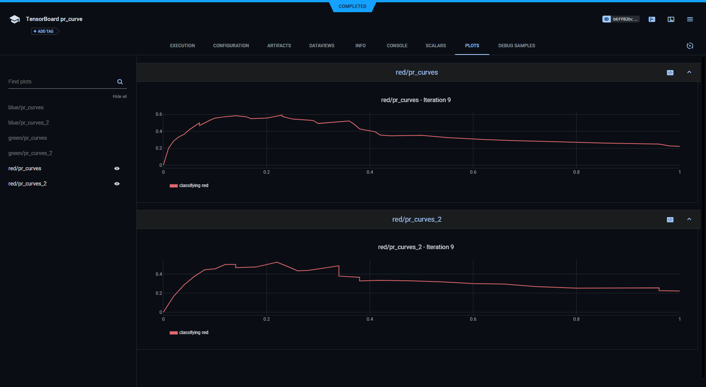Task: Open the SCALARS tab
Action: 436,46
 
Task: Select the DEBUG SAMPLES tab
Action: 516,46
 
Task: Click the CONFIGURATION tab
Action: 231,46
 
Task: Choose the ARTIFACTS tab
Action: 279,46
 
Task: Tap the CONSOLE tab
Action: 397,46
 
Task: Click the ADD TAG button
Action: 44,31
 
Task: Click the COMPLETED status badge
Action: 352,6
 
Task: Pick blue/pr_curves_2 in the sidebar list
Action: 29,123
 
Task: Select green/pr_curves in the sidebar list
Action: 27,138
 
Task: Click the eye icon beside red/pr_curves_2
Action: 117,184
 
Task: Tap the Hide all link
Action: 120,97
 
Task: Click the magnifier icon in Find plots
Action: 120,82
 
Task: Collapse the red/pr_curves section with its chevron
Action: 689,72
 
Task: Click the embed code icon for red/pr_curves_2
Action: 670,220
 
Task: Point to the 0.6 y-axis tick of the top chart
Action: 159,114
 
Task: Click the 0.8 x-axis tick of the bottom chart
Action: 576,319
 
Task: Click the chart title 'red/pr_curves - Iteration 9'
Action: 415,100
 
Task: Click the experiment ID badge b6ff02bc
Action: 621,19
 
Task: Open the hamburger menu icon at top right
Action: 690,19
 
